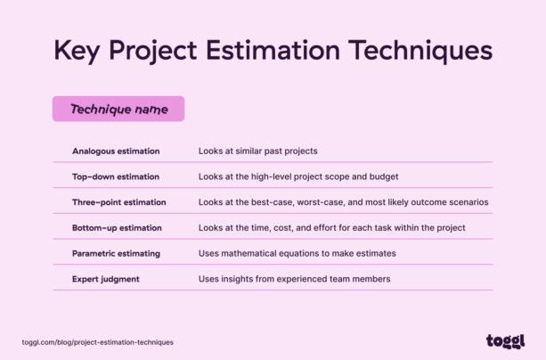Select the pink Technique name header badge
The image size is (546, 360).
118,109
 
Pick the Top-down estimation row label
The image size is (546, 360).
116,176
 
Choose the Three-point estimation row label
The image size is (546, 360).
119,202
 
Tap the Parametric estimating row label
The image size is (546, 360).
116,253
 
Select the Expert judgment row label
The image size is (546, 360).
106,279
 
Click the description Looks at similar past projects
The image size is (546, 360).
258,151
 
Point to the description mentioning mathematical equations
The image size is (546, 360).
297,253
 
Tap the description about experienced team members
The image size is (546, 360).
295,279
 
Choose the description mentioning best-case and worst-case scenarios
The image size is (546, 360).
344,202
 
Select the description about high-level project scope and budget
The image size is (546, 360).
298,176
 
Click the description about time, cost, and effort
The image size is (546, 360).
332,228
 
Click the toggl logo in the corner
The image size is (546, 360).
505,341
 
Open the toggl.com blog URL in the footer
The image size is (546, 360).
98,342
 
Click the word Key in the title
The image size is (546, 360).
76,50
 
